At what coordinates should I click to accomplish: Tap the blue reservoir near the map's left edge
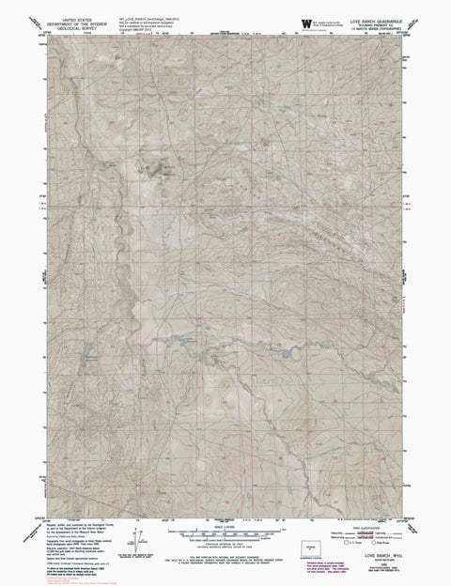[x=90, y=356]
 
